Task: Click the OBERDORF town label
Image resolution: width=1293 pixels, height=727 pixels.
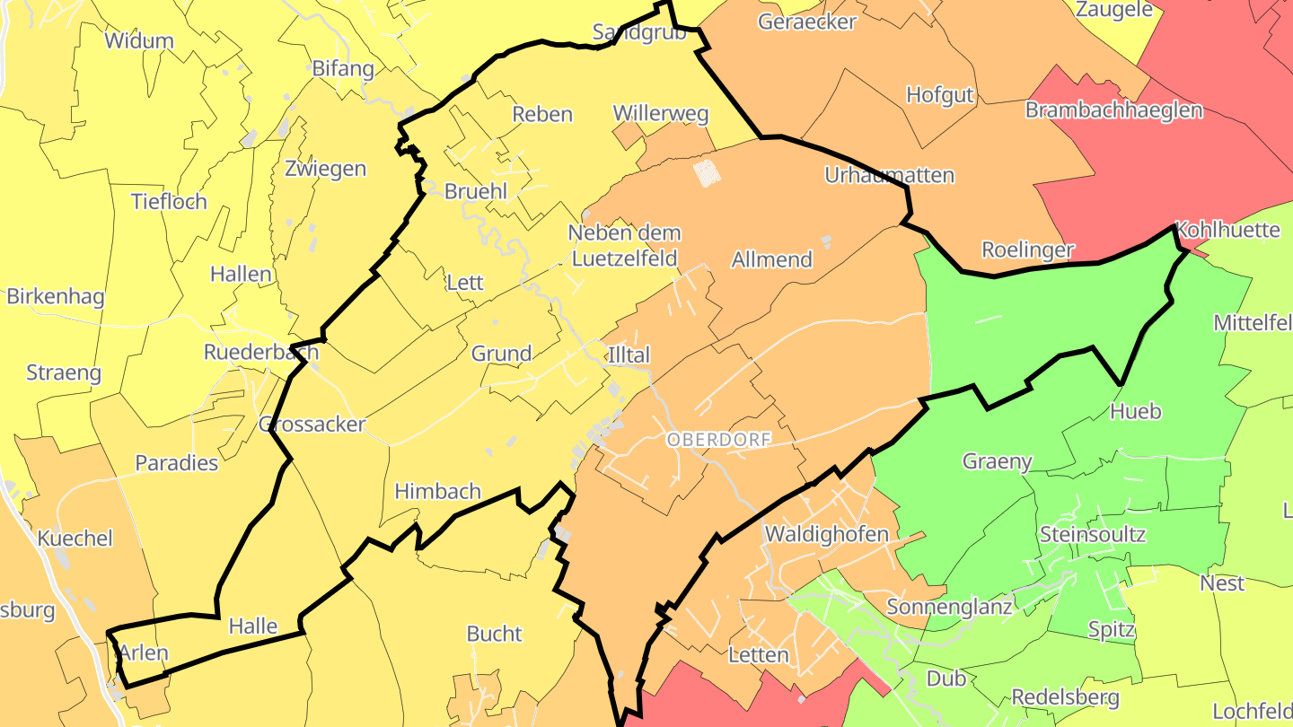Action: coord(718,440)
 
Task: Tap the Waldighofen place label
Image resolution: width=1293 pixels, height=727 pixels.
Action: coord(826,534)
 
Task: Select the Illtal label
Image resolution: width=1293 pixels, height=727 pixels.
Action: coord(629,355)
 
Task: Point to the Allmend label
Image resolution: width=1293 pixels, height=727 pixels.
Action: coord(771,260)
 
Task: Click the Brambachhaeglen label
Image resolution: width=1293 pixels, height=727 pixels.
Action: coord(1113,110)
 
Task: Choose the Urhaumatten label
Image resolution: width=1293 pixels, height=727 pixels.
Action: coord(889,175)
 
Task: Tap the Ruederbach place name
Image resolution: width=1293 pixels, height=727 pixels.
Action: coord(260,352)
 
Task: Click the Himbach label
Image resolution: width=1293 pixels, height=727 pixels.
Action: coord(438,492)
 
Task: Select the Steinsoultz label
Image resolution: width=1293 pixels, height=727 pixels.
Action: coord(1092,534)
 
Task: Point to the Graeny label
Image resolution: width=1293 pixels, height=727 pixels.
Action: coord(997,461)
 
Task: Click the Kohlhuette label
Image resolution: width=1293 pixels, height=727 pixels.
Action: coord(1227,230)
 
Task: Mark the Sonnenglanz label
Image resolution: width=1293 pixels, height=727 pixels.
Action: coord(949,607)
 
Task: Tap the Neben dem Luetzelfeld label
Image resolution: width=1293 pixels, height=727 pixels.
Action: coord(624,246)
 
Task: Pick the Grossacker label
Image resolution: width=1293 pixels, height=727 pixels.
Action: coord(312,425)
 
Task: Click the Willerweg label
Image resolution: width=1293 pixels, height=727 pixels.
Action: coord(661,114)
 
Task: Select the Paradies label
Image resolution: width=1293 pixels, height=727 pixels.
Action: coord(176,463)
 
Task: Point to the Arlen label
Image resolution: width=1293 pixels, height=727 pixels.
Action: coord(144,653)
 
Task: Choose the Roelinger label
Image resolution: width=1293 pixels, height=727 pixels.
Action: coord(1027,250)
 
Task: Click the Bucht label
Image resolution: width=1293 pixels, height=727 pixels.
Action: coord(494,634)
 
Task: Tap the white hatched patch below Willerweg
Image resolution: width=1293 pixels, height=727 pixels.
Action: coord(707,171)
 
